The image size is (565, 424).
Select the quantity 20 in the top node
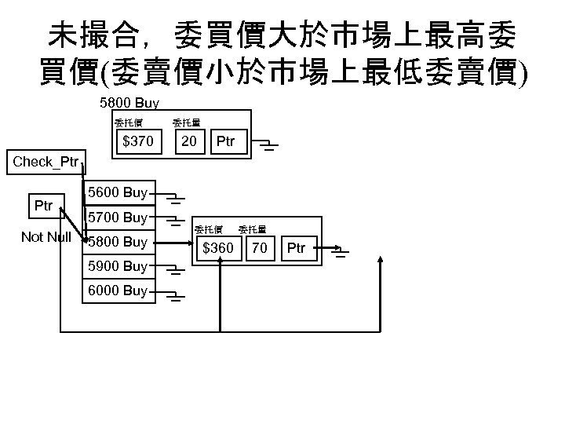pos(188,142)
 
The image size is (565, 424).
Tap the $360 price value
pos(218,249)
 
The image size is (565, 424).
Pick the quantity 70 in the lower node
pos(259,249)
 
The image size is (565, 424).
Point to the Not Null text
pos(46,237)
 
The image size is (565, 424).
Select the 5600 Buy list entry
pos(118,192)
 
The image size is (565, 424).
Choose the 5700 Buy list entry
pos(118,217)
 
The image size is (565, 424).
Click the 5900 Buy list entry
pos(118,266)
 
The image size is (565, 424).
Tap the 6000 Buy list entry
pos(118,291)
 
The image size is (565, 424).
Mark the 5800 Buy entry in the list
pos(118,242)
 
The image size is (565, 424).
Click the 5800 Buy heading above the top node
pos(129,103)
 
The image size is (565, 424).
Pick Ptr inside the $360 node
pos(296,249)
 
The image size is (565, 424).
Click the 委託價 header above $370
pos(128,122)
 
